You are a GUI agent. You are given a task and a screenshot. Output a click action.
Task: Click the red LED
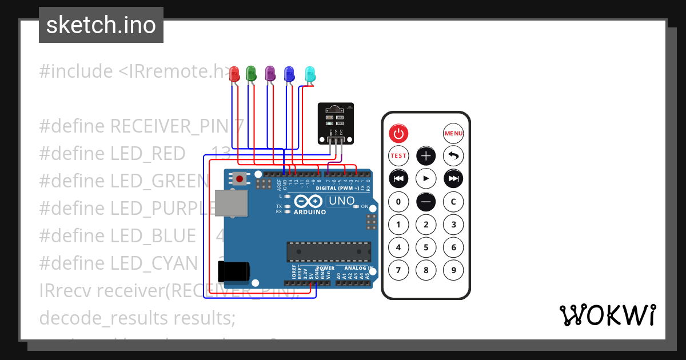[x=234, y=73]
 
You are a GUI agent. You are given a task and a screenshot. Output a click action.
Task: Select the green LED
[x=250, y=73]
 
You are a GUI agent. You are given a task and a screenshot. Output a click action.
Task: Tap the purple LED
[x=270, y=73]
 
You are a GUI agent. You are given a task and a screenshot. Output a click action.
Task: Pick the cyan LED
[x=310, y=74]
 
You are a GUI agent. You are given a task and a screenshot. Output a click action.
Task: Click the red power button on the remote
[x=398, y=134]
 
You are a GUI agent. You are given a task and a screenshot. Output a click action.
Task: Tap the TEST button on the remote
[x=398, y=155]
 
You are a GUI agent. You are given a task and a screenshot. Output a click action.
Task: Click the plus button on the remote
[x=426, y=155]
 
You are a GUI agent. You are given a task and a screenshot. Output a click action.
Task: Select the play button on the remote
[x=426, y=178]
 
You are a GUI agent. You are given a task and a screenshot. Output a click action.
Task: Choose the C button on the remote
[x=453, y=201]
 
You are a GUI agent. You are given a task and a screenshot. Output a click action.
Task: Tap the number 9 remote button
[x=453, y=270]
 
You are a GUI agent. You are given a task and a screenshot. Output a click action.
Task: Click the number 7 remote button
[x=398, y=270]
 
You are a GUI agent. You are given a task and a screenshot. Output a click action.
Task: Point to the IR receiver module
[x=336, y=122]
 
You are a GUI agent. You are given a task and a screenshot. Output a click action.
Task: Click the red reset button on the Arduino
[x=240, y=179]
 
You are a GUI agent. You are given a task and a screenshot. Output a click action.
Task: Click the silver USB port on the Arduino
[x=232, y=203]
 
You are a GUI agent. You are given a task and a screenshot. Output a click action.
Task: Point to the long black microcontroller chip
[x=329, y=251]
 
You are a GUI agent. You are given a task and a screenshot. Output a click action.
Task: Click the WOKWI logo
[x=607, y=315]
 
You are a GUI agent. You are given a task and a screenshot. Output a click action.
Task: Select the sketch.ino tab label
[x=101, y=25]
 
